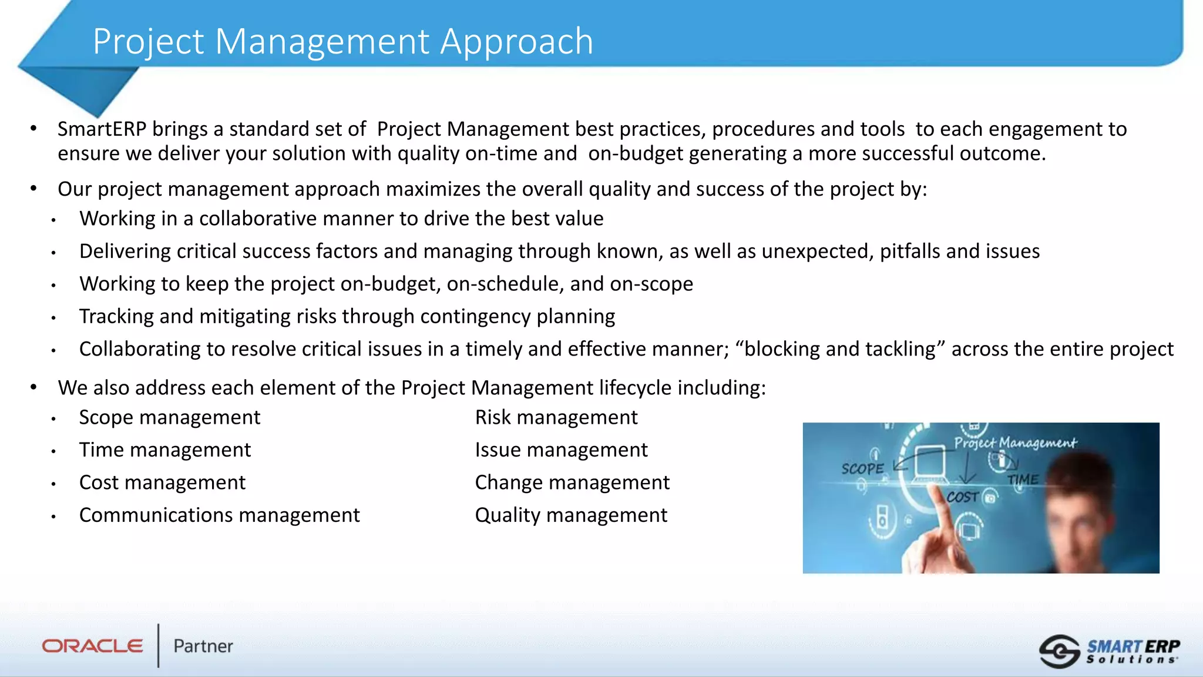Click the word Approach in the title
click(x=516, y=42)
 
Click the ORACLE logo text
click(x=93, y=646)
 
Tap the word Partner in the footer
click(x=203, y=646)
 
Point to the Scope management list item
click(x=169, y=418)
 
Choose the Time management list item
click(x=164, y=450)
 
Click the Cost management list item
click(x=162, y=483)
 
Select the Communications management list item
click(x=219, y=515)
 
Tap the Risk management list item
click(x=556, y=418)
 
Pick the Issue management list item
click(x=561, y=450)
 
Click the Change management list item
click(x=572, y=483)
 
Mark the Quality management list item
click(x=570, y=515)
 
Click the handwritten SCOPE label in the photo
click(x=862, y=469)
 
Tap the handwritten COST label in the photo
click(x=962, y=497)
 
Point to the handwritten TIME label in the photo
click(x=1023, y=480)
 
